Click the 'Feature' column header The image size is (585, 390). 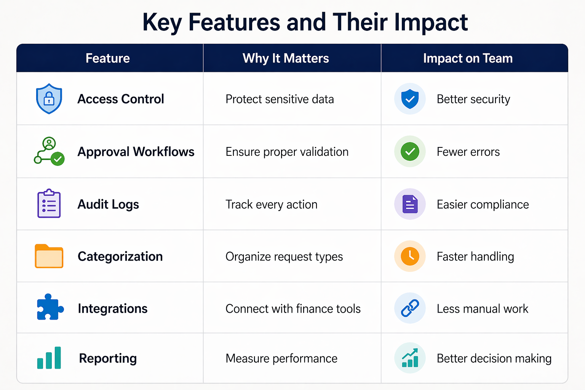coord(108,58)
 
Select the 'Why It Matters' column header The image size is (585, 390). coord(286,58)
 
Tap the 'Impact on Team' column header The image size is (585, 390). coord(468,58)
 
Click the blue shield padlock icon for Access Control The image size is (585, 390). coord(49,99)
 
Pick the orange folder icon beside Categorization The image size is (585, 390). coord(49,256)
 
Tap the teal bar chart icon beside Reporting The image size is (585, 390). coord(49,358)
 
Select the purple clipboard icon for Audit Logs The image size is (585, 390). coord(49,204)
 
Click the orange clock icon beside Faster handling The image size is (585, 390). coord(410,256)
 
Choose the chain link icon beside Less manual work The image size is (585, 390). coord(410,308)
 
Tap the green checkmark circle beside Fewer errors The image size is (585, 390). coord(410,152)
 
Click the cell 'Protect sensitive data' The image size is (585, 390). coord(280,99)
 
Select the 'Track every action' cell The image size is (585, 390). coord(271,205)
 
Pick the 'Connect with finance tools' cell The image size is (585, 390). coord(293,308)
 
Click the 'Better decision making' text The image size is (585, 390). coord(494,358)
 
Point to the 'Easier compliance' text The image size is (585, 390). coord(483,205)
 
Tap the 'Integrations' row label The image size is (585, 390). coord(112,308)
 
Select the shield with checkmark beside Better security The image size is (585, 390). coord(410,99)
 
